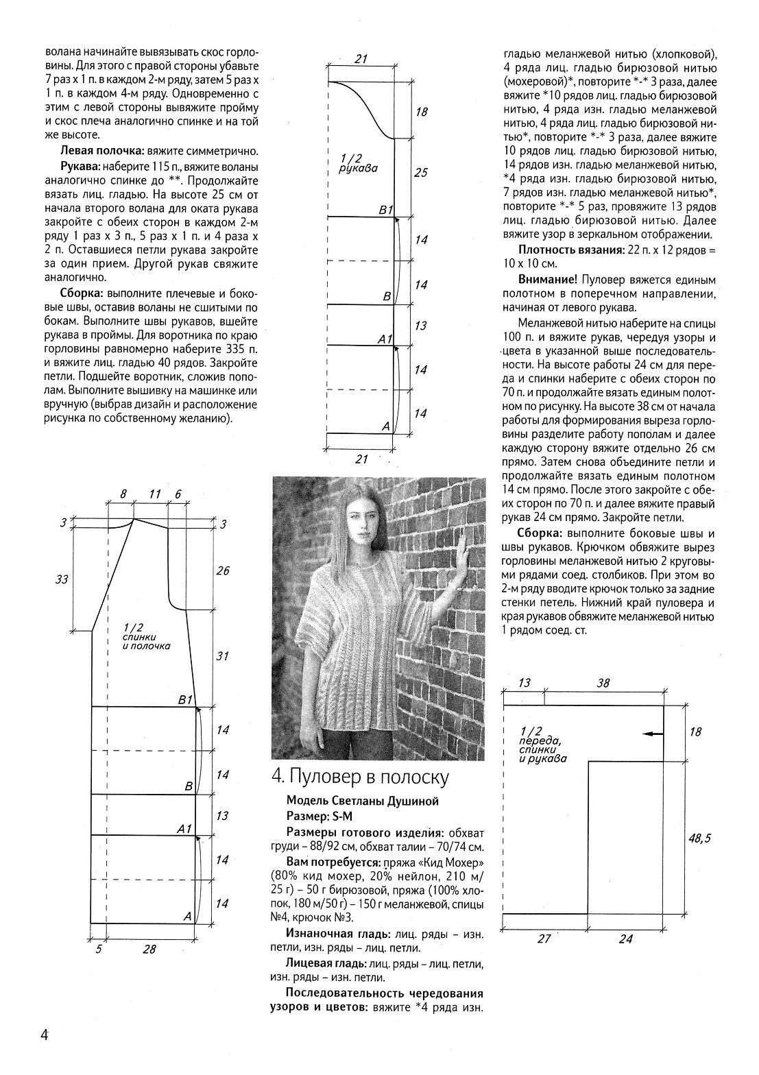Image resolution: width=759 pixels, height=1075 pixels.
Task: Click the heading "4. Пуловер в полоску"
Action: point(360,777)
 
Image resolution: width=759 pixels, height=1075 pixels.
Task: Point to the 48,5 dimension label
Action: point(697,838)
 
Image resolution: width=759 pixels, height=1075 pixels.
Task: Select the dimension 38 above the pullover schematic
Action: point(603,683)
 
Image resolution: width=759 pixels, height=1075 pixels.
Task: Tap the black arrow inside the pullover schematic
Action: point(653,734)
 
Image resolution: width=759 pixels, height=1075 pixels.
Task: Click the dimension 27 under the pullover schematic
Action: point(544,939)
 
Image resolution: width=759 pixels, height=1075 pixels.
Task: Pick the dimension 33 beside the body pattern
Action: point(62,580)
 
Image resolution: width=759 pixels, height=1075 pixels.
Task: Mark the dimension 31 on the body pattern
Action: point(222,656)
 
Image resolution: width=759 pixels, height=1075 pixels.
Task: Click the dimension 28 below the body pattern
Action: point(149,949)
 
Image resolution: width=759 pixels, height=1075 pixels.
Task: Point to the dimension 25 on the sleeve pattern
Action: point(420,173)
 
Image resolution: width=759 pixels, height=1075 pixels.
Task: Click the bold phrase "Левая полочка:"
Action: point(101,151)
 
